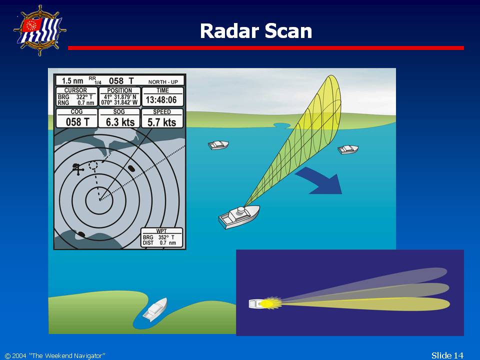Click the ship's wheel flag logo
pyautogui.click(x=40, y=30)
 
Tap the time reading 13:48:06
pyautogui.click(x=161, y=100)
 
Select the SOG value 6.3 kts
pyautogui.click(x=120, y=122)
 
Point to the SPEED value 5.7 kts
pyautogui.click(x=161, y=122)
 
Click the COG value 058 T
pyautogui.click(x=77, y=122)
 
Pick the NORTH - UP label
pyautogui.click(x=163, y=81)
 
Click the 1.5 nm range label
pyautogui.click(x=72, y=81)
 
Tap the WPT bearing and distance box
pyautogui.click(x=161, y=237)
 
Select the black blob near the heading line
pyautogui.click(x=131, y=168)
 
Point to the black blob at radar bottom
pyautogui.click(x=81, y=234)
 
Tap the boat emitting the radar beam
pyautogui.click(x=239, y=216)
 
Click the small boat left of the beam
pyautogui.click(x=218, y=144)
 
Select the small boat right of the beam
pyautogui.click(x=348, y=149)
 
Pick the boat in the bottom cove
pyautogui.click(x=155, y=309)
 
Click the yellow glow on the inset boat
pyautogui.click(x=267, y=303)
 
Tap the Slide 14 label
pyautogui.click(x=447, y=355)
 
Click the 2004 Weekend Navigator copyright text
pyautogui.click(x=55, y=355)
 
